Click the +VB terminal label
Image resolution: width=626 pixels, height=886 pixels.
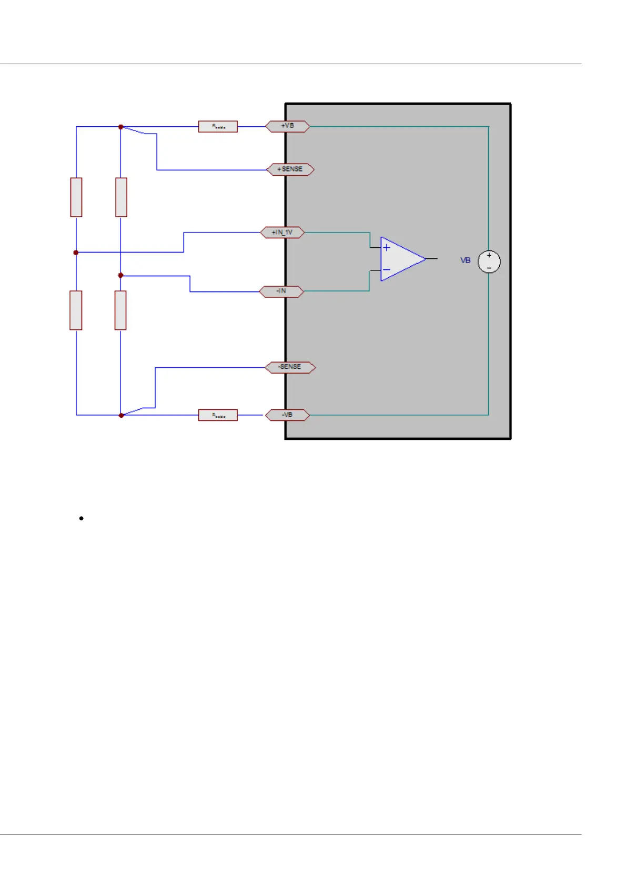coord(287,126)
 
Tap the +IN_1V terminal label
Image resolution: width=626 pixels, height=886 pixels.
coord(282,233)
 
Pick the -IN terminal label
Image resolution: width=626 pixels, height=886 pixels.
coord(281,291)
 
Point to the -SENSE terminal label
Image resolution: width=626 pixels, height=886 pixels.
coord(290,367)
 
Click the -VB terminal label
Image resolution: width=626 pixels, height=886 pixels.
coord(287,415)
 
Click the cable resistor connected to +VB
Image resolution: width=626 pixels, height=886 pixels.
coord(218,127)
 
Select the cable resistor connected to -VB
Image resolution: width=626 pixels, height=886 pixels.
coord(218,415)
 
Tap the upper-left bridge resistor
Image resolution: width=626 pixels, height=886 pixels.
coord(76,197)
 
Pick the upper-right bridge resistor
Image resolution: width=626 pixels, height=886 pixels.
coord(121,197)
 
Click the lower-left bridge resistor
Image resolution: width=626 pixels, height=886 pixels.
coord(76,310)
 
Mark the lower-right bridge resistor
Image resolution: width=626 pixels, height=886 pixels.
coord(120,310)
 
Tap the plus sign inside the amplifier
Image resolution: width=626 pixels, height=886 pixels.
coord(387,247)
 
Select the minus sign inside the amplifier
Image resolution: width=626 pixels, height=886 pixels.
coord(387,270)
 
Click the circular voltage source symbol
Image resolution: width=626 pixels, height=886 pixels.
coord(489,261)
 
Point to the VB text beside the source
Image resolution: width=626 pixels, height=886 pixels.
coord(466,260)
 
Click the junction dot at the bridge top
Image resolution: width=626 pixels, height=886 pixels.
coord(121,127)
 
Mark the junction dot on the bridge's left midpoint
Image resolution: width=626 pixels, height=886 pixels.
coord(76,253)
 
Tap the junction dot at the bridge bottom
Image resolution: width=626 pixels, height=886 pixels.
coord(121,415)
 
